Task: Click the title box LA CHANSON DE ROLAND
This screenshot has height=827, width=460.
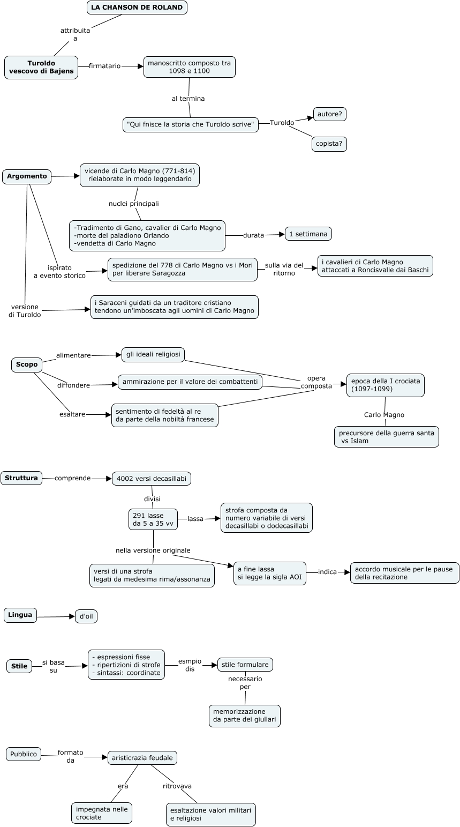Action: pos(137,8)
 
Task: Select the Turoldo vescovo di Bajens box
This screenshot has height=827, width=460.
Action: pos(41,68)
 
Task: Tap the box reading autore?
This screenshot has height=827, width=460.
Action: pos(330,114)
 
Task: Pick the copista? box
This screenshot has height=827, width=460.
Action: pos(329,144)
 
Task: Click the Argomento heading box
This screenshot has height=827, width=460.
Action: pos(27,176)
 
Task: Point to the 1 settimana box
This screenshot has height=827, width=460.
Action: pos(308,234)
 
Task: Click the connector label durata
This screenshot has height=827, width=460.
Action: pos(254,235)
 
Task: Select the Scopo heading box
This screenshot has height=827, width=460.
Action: pos(27,364)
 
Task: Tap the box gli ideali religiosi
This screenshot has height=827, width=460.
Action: pos(153,354)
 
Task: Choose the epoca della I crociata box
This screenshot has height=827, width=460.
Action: pos(385,385)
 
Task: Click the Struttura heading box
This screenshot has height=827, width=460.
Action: pos(21,478)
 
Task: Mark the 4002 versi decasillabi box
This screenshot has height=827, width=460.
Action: pos(152,479)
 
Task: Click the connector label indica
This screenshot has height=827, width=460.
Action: pos(327,572)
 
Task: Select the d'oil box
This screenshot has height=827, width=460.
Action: pos(86,616)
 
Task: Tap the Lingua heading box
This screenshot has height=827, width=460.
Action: pos(20,615)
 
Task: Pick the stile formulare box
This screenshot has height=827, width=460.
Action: pos(245,665)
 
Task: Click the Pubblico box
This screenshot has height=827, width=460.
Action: pos(24,754)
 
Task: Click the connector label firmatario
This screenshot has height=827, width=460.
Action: pos(105,66)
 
